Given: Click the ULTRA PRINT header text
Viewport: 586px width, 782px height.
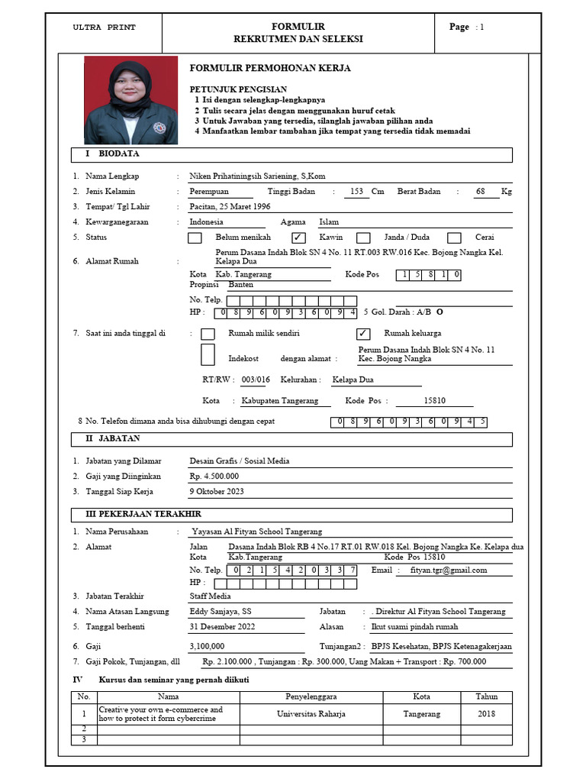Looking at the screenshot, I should click(x=104, y=27).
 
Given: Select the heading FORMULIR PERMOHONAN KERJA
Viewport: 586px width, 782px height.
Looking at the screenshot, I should click(x=269, y=69).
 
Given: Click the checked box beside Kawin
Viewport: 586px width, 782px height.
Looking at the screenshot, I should click(x=299, y=238).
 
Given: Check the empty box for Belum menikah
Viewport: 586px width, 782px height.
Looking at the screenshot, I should click(x=195, y=238).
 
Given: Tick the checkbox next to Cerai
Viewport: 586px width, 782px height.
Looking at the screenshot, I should click(x=454, y=238).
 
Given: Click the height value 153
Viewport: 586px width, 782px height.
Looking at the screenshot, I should click(x=356, y=192).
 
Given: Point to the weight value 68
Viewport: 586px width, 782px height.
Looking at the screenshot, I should click(x=480, y=192).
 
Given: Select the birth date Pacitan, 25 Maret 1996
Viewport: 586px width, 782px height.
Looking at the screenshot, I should click(x=230, y=207).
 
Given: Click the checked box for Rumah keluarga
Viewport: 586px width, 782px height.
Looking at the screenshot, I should click(x=364, y=334).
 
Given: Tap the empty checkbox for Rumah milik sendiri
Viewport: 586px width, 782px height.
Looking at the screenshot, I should click(x=208, y=334).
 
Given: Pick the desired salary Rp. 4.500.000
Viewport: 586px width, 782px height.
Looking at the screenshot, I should click(x=214, y=477).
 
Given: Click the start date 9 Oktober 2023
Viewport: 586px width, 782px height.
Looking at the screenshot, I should click(x=217, y=492).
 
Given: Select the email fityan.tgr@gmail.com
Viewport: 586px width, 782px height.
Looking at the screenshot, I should click(x=449, y=570).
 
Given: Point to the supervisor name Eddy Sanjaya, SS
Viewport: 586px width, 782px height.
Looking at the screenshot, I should click(x=221, y=612).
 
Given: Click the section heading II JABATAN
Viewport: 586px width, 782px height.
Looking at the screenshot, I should click(x=111, y=439).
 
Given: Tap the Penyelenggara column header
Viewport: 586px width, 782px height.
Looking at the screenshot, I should click(x=311, y=696).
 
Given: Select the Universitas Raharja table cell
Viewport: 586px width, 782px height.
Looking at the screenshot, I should click(x=311, y=714).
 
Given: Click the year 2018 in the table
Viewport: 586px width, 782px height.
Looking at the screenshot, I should click(x=486, y=714).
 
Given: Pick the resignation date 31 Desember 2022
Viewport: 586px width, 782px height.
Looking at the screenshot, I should click(x=221, y=627).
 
